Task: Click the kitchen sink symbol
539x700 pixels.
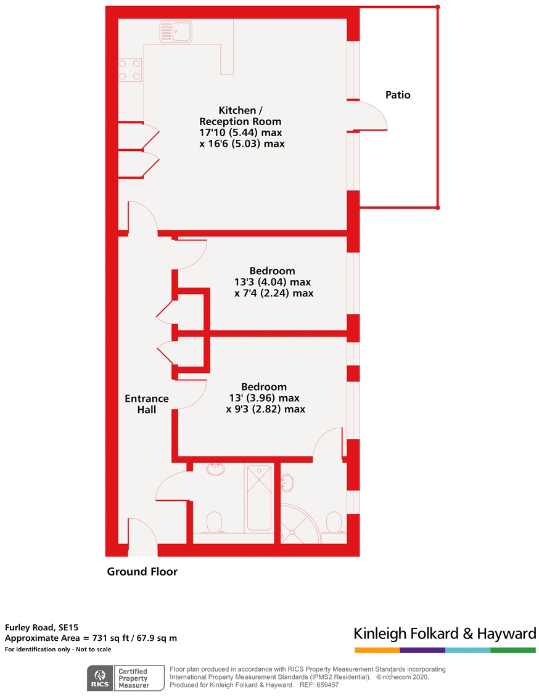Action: (176, 31)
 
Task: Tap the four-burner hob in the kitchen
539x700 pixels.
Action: (130, 70)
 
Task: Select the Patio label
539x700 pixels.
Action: (398, 95)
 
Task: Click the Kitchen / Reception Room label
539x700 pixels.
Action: (241, 116)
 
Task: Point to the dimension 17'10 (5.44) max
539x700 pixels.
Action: (241, 132)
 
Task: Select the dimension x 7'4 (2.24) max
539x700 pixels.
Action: (274, 293)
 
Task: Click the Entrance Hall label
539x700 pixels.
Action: (147, 404)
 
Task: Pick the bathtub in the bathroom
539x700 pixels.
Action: (259, 497)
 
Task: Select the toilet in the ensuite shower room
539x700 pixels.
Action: (334, 523)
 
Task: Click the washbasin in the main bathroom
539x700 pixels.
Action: (215, 469)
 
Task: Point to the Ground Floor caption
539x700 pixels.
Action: (142, 571)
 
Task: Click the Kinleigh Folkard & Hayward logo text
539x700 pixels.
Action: (445, 634)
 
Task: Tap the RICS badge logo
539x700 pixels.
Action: (100, 678)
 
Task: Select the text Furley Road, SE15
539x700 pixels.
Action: (41, 627)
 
